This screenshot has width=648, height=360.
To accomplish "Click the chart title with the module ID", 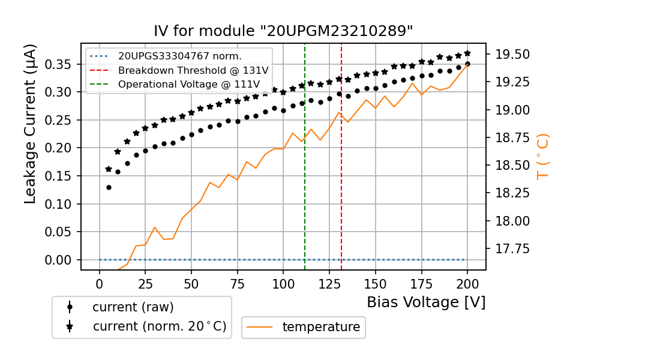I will pyautogui.click(x=283, y=31).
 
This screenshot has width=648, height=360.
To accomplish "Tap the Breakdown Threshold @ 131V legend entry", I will pyautogui.click(x=193, y=70).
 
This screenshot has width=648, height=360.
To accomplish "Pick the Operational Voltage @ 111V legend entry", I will pyautogui.click(x=193, y=84).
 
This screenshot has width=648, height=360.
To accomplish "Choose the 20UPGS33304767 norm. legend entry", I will pyautogui.click(x=179, y=56).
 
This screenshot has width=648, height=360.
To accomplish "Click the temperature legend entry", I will pyautogui.click(x=320, y=327).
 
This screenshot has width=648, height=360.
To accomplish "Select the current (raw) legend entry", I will pyautogui.click(x=133, y=307).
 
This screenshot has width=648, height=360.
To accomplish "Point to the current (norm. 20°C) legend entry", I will pyautogui.click(x=159, y=326).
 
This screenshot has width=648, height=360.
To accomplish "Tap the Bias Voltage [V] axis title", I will pyautogui.click(x=426, y=302).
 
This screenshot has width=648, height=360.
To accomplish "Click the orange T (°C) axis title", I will pyautogui.click(x=542, y=156).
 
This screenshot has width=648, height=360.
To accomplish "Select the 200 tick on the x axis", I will pyautogui.click(x=467, y=283).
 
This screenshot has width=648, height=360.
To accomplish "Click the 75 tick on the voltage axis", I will pyautogui.click(x=238, y=283).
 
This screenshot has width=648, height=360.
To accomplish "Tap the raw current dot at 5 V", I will pyautogui.click(x=109, y=187).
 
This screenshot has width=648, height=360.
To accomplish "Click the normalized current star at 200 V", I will pyautogui.click(x=467, y=53).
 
